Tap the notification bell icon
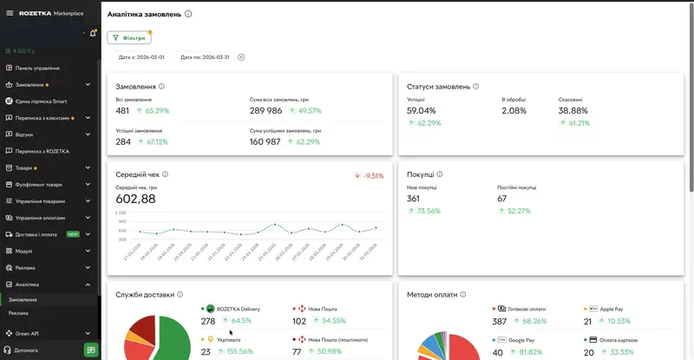click(92, 33)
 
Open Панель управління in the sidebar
click(36, 68)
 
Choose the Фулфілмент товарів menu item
click(40, 185)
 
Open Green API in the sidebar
click(29, 333)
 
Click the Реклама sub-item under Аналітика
click(19, 312)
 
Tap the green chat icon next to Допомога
click(90, 350)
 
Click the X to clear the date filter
click(241, 57)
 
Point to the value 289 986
click(265, 111)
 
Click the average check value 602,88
click(135, 199)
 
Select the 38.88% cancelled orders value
click(573, 111)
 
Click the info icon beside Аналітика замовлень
click(189, 14)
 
